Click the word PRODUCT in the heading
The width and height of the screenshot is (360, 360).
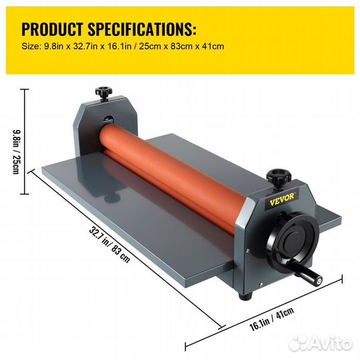click(x=52, y=29)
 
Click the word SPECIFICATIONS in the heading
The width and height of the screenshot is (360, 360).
click(x=142, y=29)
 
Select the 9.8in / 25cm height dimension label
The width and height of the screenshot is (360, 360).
click(x=16, y=152)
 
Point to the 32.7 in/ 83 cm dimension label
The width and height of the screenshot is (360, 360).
click(x=109, y=245)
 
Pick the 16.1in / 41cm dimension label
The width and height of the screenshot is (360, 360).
click(x=271, y=319)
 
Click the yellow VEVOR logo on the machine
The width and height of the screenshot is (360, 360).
click(x=282, y=199)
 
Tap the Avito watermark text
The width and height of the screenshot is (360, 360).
click(x=320, y=343)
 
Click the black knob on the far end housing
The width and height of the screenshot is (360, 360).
click(x=103, y=93)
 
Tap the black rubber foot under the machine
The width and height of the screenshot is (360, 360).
click(x=245, y=295)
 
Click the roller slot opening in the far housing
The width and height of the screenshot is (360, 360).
click(x=108, y=119)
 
